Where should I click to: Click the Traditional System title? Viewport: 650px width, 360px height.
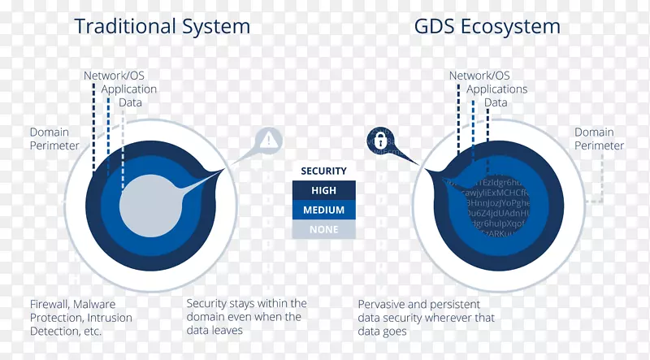(x=162, y=26)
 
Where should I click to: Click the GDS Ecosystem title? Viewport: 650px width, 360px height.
(x=487, y=26)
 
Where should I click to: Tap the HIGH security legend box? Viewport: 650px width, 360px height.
(x=323, y=190)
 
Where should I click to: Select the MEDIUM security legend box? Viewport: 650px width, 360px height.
(x=323, y=210)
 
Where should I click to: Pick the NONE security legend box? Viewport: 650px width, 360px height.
(x=323, y=229)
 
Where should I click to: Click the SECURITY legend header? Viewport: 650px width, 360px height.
(x=323, y=171)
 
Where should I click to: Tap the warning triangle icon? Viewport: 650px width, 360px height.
(x=269, y=139)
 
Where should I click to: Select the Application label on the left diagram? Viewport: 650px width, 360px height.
(x=129, y=89)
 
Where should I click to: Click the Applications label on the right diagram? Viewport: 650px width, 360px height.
(x=497, y=89)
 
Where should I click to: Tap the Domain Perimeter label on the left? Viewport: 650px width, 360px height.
(x=54, y=139)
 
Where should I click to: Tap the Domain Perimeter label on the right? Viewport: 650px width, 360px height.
(x=599, y=139)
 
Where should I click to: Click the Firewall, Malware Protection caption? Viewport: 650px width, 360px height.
(x=80, y=318)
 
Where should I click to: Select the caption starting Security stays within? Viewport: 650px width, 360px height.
(x=246, y=317)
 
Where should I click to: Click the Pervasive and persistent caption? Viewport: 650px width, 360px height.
(x=427, y=318)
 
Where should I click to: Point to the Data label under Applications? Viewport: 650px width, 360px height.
(x=496, y=103)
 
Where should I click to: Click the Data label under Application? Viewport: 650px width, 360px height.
(x=130, y=103)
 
